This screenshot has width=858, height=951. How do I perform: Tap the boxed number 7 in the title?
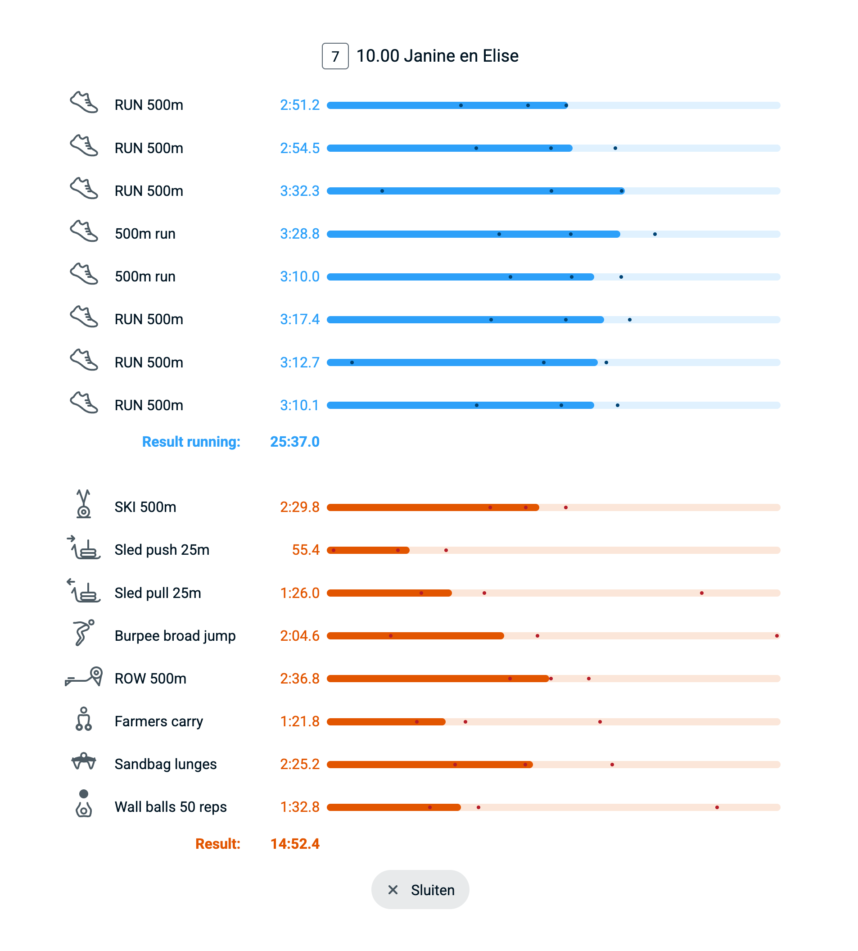(x=335, y=56)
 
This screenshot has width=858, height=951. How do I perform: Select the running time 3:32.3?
(x=299, y=191)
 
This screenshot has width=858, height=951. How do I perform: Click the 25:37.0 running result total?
(x=295, y=442)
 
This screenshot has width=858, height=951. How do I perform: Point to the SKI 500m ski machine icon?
(x=84, y=504)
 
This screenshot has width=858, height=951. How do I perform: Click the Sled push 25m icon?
(x=84, y=548)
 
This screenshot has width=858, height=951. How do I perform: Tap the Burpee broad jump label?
(x=175, y=635)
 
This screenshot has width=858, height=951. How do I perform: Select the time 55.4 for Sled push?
(x=306, y=550)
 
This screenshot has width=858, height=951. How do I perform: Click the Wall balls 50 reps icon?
(x=84, y=804)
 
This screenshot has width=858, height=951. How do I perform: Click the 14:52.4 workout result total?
(x=295, y=843)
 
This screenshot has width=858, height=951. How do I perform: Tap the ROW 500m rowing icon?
(x=84, y=677)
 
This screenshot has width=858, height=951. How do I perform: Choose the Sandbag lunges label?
(x=166, y=764)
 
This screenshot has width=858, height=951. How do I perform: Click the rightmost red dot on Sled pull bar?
(x=701, y=593)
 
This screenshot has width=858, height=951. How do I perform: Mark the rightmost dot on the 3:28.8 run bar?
(x=655, y=234)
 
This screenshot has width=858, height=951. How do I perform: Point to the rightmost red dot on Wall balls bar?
(x=717, y=807)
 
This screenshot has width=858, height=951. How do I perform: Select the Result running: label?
(x=191, y=442)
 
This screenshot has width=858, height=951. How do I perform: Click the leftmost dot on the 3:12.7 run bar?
(x=352, y=362)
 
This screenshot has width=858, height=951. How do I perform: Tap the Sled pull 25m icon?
(x=84, y=590)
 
